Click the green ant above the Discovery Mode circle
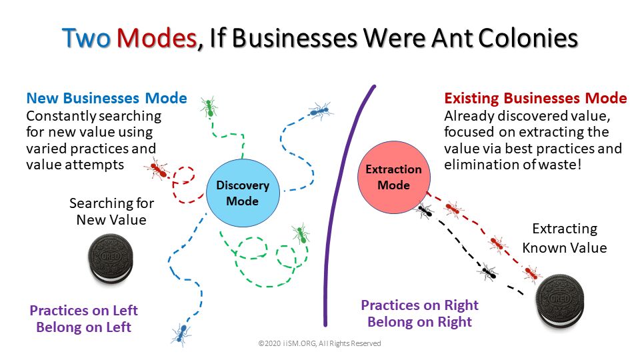pos(209,107)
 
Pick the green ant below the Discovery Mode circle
pos(301,233)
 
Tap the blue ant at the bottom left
pos(180,333)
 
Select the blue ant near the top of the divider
pos(320,110)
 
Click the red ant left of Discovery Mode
pos(159,169)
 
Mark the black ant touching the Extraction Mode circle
pos(425,211)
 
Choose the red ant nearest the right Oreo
pos(531,273)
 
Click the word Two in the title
pos(87,39)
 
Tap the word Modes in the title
pos(157,39)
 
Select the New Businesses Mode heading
pos(106,99)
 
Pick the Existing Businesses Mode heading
pos(535,99)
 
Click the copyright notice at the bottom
pos(319,343)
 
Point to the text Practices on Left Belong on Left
pos(84,319)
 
